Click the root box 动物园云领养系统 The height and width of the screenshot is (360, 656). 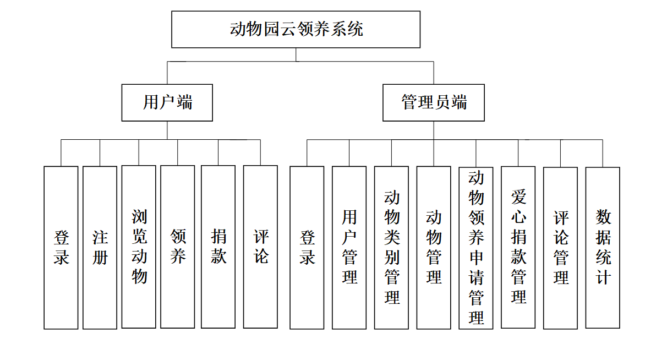296,29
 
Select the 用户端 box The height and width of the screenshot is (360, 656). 167,102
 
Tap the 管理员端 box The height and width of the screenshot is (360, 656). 433,102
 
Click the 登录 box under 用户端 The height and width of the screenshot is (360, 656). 61,247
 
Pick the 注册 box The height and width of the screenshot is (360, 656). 100,247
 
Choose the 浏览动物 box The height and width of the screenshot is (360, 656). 139,247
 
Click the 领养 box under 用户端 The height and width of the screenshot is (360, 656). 177,247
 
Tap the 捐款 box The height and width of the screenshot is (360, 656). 218,247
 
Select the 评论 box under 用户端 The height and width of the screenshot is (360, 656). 260,247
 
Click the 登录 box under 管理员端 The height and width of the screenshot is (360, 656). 307,247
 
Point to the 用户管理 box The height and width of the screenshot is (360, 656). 349,247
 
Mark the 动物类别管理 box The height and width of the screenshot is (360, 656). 391,247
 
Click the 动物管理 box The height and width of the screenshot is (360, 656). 434,247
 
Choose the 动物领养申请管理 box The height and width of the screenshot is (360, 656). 476,247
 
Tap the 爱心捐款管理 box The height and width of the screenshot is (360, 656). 518,247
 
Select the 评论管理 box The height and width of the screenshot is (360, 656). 560,247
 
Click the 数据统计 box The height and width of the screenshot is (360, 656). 603,247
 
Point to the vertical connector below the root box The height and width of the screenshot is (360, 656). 296,54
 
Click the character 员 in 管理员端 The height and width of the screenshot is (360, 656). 442,102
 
